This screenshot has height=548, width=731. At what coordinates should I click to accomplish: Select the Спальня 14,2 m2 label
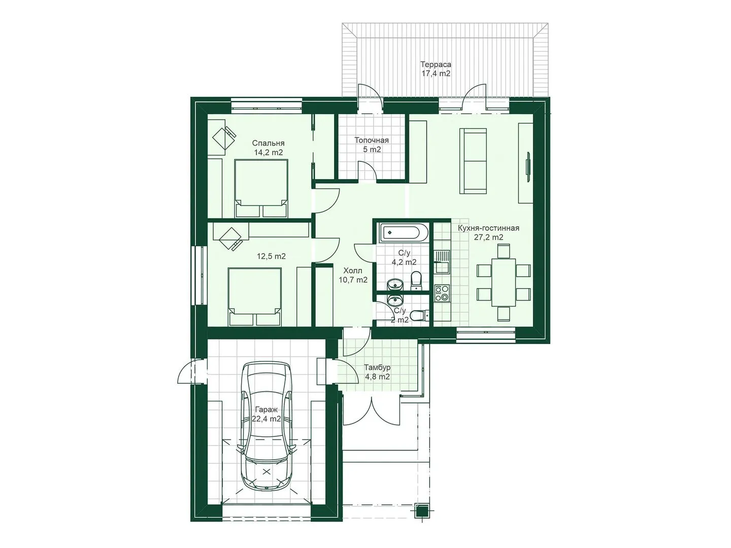268,148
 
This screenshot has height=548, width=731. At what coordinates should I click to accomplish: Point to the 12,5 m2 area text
271,256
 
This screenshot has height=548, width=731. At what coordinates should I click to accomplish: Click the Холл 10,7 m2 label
353,275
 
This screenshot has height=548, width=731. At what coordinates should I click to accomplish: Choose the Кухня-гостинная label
488,228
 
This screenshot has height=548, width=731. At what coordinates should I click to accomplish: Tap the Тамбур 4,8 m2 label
377,372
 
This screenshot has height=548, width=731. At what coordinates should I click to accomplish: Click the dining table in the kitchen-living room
504,283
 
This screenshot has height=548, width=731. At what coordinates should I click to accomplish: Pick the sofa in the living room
473,161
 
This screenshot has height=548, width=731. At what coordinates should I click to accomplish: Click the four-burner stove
442,293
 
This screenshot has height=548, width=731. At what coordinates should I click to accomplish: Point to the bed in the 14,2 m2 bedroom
261,188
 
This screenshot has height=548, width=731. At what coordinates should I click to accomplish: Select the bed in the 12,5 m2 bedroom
254,296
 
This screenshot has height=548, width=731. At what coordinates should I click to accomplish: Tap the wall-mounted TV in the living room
528,167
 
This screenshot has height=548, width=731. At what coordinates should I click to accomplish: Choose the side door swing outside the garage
185,372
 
